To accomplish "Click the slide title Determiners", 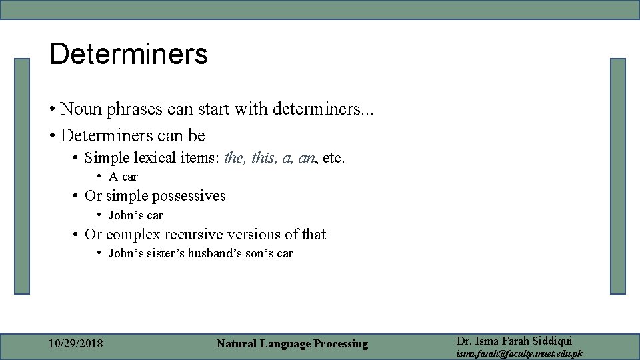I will (x=129, y=55).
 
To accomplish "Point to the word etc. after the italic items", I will (x=333, y=159).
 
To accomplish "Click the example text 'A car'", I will (x=123, y=177).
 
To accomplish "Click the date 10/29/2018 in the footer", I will (x=76, y=344).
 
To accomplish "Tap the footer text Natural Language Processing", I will (x=292, y=344).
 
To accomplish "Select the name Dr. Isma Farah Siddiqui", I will (x=514, y=341).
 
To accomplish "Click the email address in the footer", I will (x=519, y=353).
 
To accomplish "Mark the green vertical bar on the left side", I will (x=23, y=176).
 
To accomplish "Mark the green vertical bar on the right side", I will (x=618, y=176).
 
